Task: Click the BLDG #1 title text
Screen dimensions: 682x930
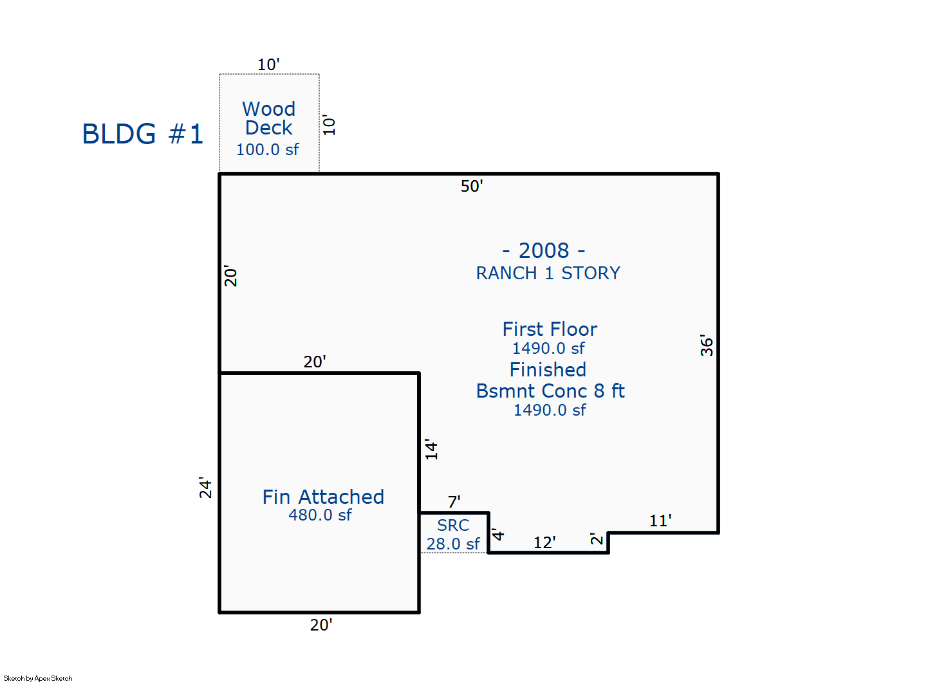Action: coord(142,134)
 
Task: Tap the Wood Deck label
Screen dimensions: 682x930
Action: coord(268,118)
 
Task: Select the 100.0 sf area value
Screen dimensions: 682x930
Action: coord(267,149)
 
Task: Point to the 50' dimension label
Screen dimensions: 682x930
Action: coord(471,186)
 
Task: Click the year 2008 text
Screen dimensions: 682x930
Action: coord(544,250)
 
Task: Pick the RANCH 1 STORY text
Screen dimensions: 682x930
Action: coord(548,273)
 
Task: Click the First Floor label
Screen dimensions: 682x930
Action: coord(550,329)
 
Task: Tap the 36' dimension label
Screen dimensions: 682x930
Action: coord(707,345)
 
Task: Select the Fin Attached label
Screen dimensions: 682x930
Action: coord(323,497)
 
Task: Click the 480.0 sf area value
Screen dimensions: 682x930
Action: coord(320,515)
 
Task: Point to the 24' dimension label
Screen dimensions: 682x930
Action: coord(205,488)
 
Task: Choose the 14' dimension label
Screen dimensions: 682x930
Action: coord(431,449)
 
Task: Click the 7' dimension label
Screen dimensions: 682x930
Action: coord(454,501)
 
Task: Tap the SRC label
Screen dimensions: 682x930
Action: coord(453,525)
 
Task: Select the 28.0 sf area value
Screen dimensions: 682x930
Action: coord(453,544)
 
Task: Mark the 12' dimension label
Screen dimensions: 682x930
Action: coord(544,542)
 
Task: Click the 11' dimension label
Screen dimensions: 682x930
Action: coord(660,521)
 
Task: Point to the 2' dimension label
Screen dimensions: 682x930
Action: coord(597,539)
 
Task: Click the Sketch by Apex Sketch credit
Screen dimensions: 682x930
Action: coord(38,678)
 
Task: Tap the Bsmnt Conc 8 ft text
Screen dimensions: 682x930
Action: coord(550,391)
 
